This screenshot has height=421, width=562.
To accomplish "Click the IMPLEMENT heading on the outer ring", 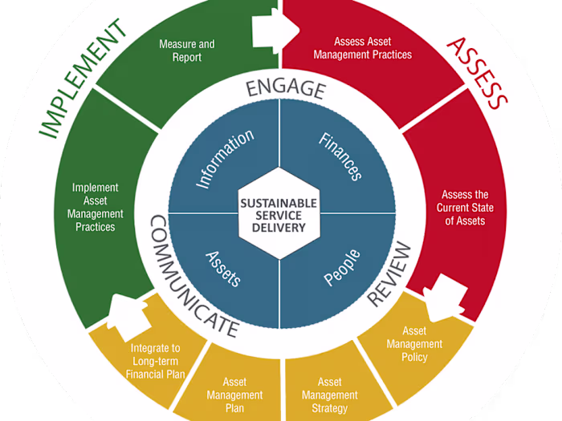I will (x=82, y=79).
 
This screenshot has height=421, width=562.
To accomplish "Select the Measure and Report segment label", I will (x=186, y=51).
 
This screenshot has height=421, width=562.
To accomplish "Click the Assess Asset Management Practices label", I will (x=373, y=48).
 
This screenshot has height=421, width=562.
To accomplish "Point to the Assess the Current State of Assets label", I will (x=465, y=208).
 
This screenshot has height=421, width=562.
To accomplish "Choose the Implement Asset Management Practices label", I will (x=98, y=208).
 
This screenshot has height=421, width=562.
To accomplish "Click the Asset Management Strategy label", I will (x=329, y=395).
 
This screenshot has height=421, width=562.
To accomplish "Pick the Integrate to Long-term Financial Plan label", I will (x=156, y=361).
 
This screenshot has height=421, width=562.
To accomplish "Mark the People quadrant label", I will (x=342, y=267).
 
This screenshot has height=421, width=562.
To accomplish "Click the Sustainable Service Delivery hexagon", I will (x=279, y=214).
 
